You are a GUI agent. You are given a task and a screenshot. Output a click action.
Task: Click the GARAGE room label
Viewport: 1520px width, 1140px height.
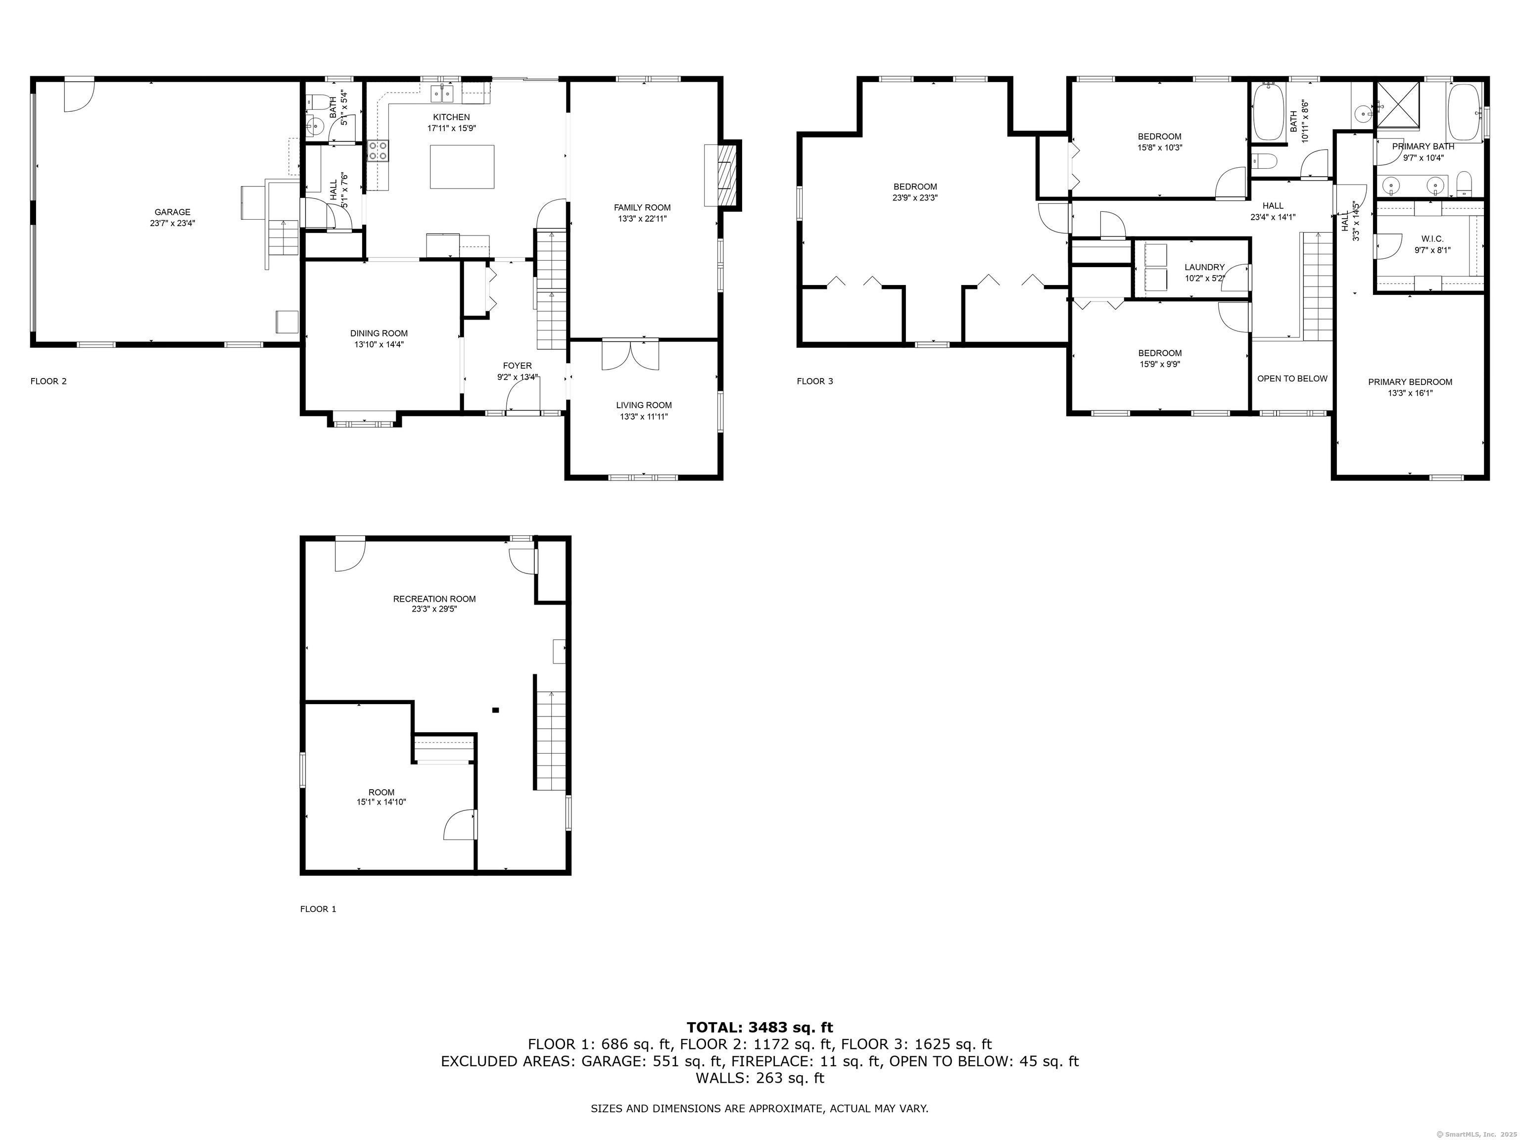173,212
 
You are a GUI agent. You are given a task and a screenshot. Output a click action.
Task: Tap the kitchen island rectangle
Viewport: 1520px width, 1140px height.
462,166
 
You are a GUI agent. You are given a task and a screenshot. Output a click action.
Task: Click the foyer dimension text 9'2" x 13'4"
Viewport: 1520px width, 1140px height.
518,377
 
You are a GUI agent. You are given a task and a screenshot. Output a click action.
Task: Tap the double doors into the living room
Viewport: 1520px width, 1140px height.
630,355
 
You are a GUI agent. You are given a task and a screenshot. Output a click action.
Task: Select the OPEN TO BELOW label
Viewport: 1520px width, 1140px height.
1292,379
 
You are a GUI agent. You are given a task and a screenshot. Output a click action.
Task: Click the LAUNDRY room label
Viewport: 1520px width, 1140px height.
1204,267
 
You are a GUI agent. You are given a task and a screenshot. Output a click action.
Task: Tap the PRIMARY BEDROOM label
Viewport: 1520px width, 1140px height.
1409,382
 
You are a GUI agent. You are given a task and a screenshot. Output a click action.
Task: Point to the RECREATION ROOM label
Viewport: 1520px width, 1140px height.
434,599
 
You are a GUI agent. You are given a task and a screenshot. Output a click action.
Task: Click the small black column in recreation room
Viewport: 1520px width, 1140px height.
495,710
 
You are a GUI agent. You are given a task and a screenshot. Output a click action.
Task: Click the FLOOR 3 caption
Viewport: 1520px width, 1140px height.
814,381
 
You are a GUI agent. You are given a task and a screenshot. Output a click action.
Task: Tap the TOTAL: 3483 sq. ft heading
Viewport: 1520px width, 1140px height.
760,1027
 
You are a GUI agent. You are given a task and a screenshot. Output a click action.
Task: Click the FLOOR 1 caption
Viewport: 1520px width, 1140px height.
318,909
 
